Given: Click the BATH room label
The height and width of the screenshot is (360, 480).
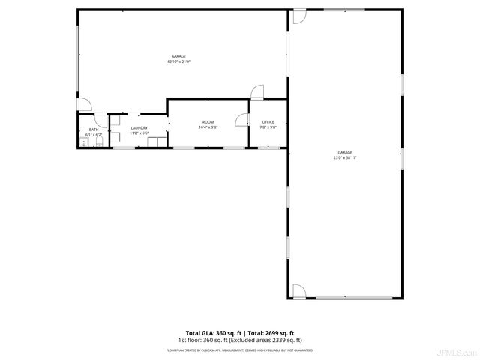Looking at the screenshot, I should point(94,130).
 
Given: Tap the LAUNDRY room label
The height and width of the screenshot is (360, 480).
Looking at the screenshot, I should point(139,128).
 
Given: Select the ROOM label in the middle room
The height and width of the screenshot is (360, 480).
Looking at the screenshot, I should point(208,122).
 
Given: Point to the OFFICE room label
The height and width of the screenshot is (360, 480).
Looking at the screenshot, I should point(268,122).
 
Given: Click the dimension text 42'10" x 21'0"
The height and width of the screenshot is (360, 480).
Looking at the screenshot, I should point(179,61).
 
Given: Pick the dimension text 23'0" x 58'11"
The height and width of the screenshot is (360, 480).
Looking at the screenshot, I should point(345,157).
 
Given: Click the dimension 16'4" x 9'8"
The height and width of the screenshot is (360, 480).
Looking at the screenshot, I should point(208,127).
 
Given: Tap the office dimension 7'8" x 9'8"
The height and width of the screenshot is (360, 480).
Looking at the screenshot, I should point(268,127).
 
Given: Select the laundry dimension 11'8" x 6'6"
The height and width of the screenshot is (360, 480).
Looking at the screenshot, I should point(139,133).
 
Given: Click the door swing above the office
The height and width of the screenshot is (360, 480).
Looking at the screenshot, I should point(256,92).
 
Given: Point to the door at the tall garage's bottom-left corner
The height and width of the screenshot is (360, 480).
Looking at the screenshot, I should point(298,289).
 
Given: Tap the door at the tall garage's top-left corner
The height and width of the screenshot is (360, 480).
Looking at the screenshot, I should point(298,16).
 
